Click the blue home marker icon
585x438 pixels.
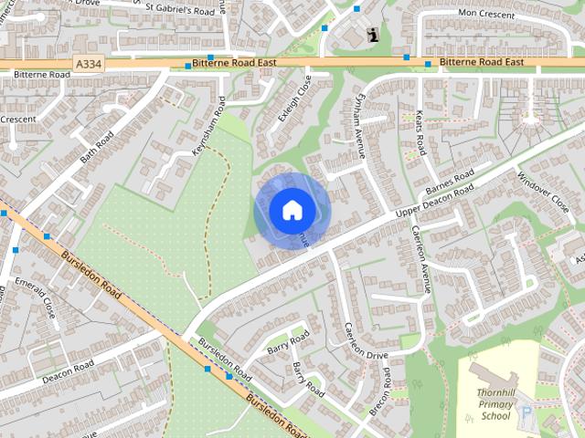point(292,211)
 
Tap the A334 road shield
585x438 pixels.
point(86,64)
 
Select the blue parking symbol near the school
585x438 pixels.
point(526,412)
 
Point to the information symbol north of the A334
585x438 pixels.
point(372,35)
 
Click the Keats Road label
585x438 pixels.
point(420,132)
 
